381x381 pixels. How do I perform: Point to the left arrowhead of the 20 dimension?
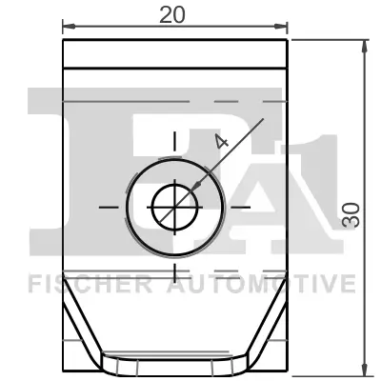click(x=67, y=27)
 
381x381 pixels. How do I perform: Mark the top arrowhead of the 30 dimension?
click(x=366, y=46)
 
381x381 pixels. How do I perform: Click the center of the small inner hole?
click(x=174, y=205)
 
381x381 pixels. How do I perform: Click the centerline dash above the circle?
click(x=174, y=142)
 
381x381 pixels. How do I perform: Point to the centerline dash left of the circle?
click(x=110, y=205)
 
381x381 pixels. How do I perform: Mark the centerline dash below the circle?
click(x=174, y=272)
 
